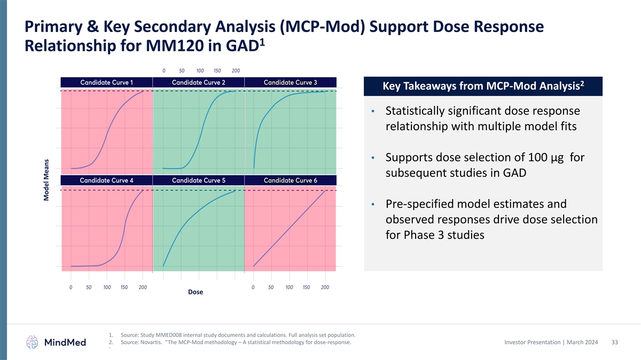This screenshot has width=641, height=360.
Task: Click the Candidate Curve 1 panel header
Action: point(106,82)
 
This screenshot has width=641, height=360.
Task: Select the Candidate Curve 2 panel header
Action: point(198,82)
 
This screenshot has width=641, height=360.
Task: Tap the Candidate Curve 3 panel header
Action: point(290,82)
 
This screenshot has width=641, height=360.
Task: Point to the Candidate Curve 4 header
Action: point(106,180)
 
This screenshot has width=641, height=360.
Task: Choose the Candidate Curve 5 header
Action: point(198,180)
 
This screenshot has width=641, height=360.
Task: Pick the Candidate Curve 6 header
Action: point(290,180)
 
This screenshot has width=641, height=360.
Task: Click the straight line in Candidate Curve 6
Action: point(290,228)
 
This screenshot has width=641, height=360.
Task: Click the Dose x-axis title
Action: point(196,292)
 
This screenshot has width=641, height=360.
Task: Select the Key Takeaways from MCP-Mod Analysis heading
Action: point(483,87)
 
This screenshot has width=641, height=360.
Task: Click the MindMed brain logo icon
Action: point(33,342)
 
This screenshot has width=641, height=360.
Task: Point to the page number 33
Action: point(614,342)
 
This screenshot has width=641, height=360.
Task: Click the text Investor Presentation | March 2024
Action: point(551,342)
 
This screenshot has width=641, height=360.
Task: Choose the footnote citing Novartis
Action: point(236,342)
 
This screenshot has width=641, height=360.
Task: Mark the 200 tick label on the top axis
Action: point(236,70)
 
